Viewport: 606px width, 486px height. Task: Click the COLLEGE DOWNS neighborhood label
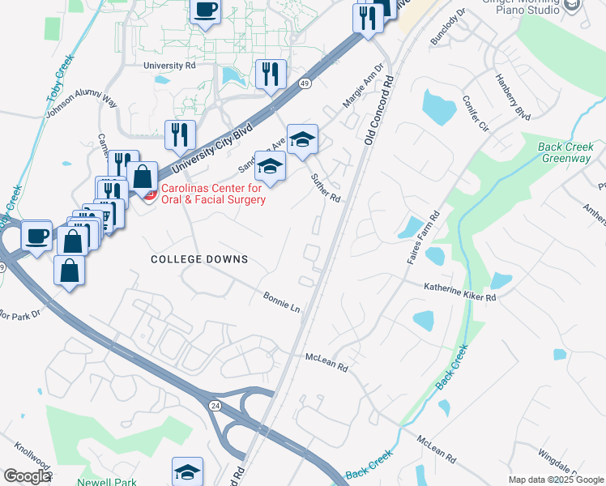[x=199, y=259]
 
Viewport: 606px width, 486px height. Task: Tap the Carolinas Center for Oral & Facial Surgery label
[x=212, y=194]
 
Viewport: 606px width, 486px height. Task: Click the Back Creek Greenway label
[x=565, y=152]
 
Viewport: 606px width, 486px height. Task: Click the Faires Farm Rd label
[x=420, y=236]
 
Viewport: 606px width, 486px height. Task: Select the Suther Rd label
[x=326, y=188]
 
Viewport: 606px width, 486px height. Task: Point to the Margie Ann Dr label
[x=362, y=87]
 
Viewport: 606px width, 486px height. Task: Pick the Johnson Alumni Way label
[x=82, y=104]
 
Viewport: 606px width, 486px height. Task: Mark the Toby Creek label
[x=60, y=79]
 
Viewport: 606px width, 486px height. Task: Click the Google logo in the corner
[x=26, y=476]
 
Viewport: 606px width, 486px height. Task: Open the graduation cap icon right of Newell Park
[x=187, y=471]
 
